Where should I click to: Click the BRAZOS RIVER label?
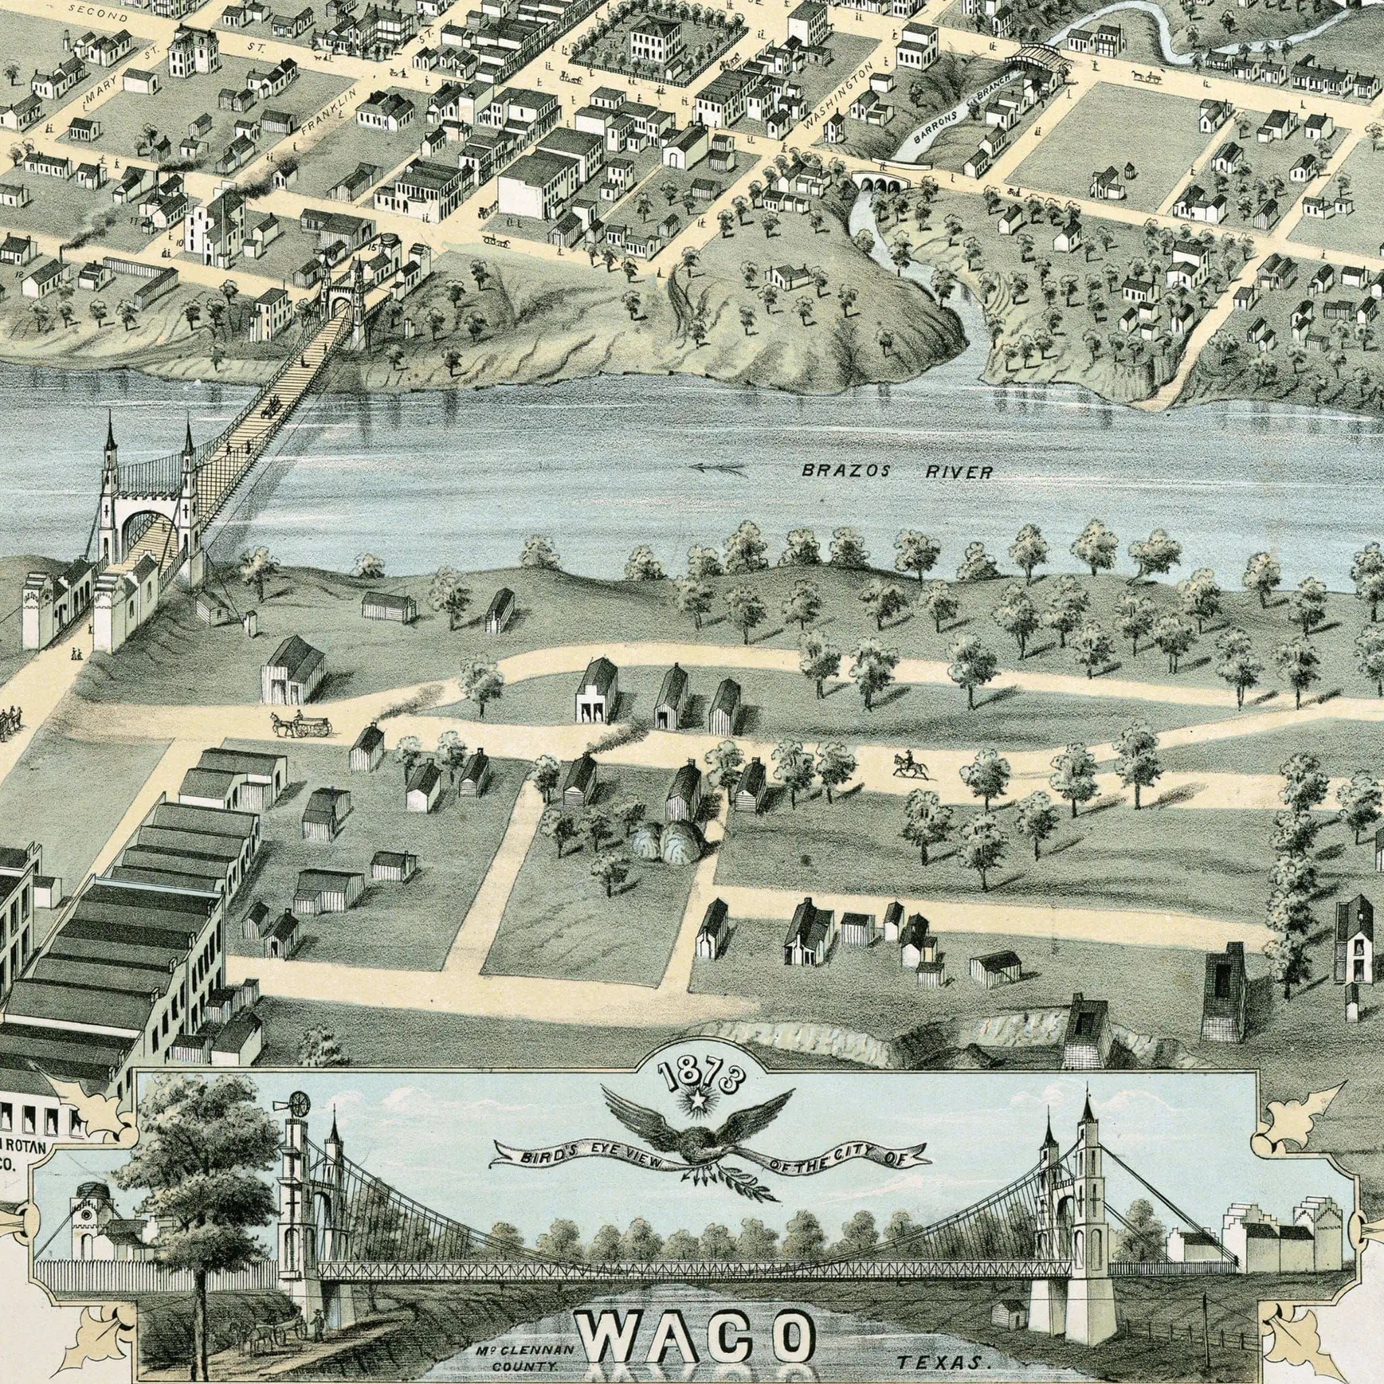click(x=897, y=472)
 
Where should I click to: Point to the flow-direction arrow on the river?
click(x=716, y=469)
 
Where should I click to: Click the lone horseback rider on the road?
click(x=910, y=765)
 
